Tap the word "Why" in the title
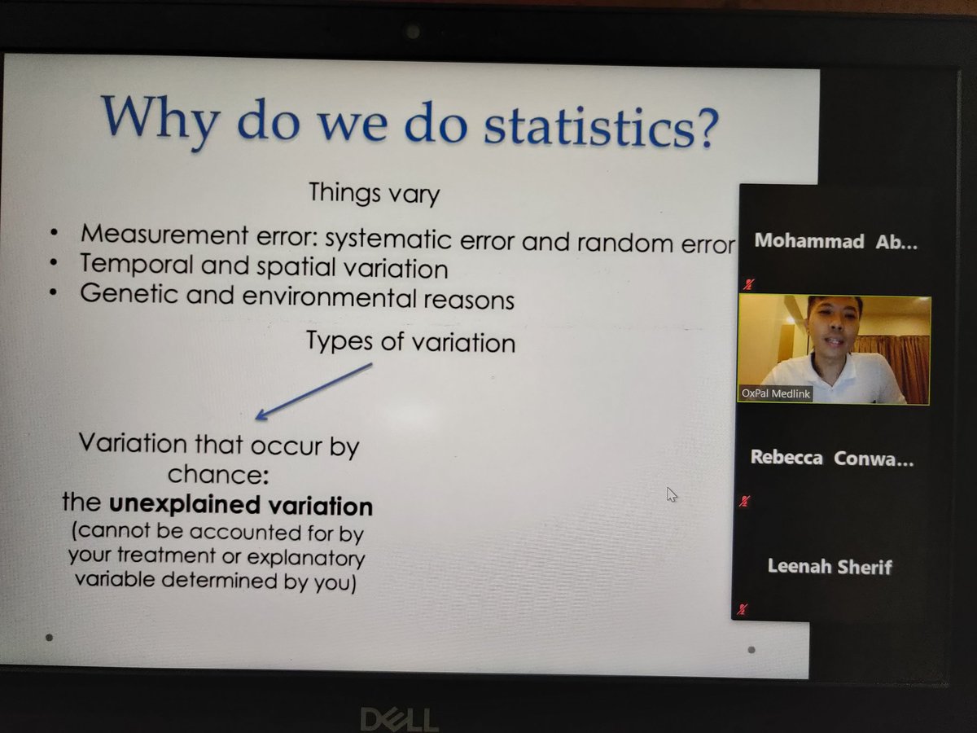[x=159, y=116]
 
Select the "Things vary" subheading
[x=374, y=194]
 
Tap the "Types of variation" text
[x=410, y=340]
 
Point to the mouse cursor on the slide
[x=672, y=494]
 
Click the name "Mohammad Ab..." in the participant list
[x=835, y=241]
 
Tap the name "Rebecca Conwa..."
[x=831, y=458]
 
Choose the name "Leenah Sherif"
[x=830, y=566]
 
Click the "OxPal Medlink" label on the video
[x=775, y=393]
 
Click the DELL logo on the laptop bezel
[x=399, y=718]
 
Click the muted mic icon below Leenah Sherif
[x=743, y=609]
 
